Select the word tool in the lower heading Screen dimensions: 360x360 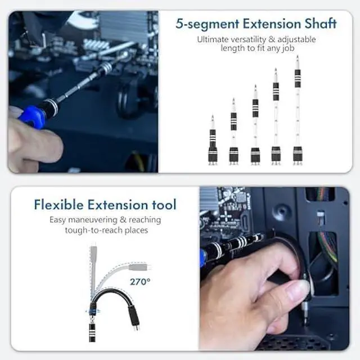(x=163, y=204)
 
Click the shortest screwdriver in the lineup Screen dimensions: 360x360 (x=213, y=141)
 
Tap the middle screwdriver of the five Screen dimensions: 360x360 (x=255, y=127)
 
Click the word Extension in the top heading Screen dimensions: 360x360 (x=269, y=24)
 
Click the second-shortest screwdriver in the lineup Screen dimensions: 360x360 (x=233, y=133)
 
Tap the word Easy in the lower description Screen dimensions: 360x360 (x=59, y=219)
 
